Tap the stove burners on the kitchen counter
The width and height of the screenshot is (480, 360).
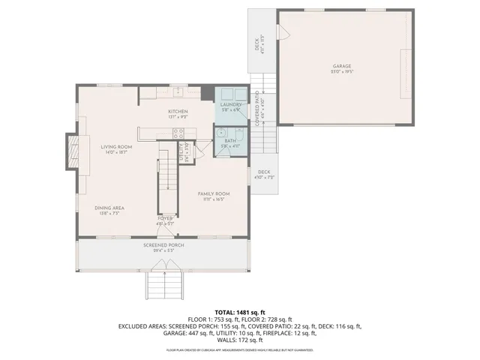click(x=178, y=133)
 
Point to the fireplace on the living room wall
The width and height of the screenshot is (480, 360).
click(x=72, y=148)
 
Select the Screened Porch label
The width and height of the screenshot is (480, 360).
click(x=164, y=245)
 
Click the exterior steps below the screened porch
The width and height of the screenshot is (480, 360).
click(x=165, y=285)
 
